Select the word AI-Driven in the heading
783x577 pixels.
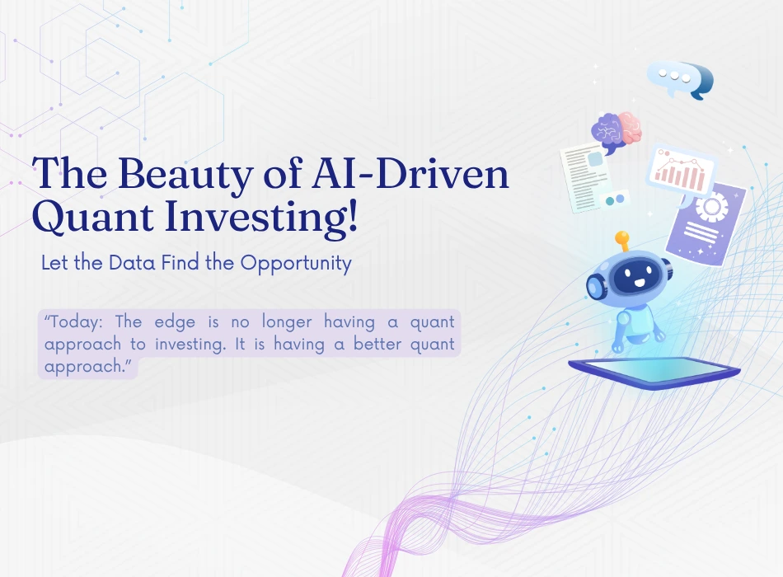(x=410, y=173)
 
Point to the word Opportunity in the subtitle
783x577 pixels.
(x=296, y=263)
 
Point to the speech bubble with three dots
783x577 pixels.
(x=680, y=79)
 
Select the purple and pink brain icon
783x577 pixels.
(x=617, y=131)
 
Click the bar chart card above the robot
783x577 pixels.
(x=682, y=171)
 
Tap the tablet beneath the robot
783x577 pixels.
(x=654, y=373)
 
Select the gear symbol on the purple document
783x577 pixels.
(x=711, y=206)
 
